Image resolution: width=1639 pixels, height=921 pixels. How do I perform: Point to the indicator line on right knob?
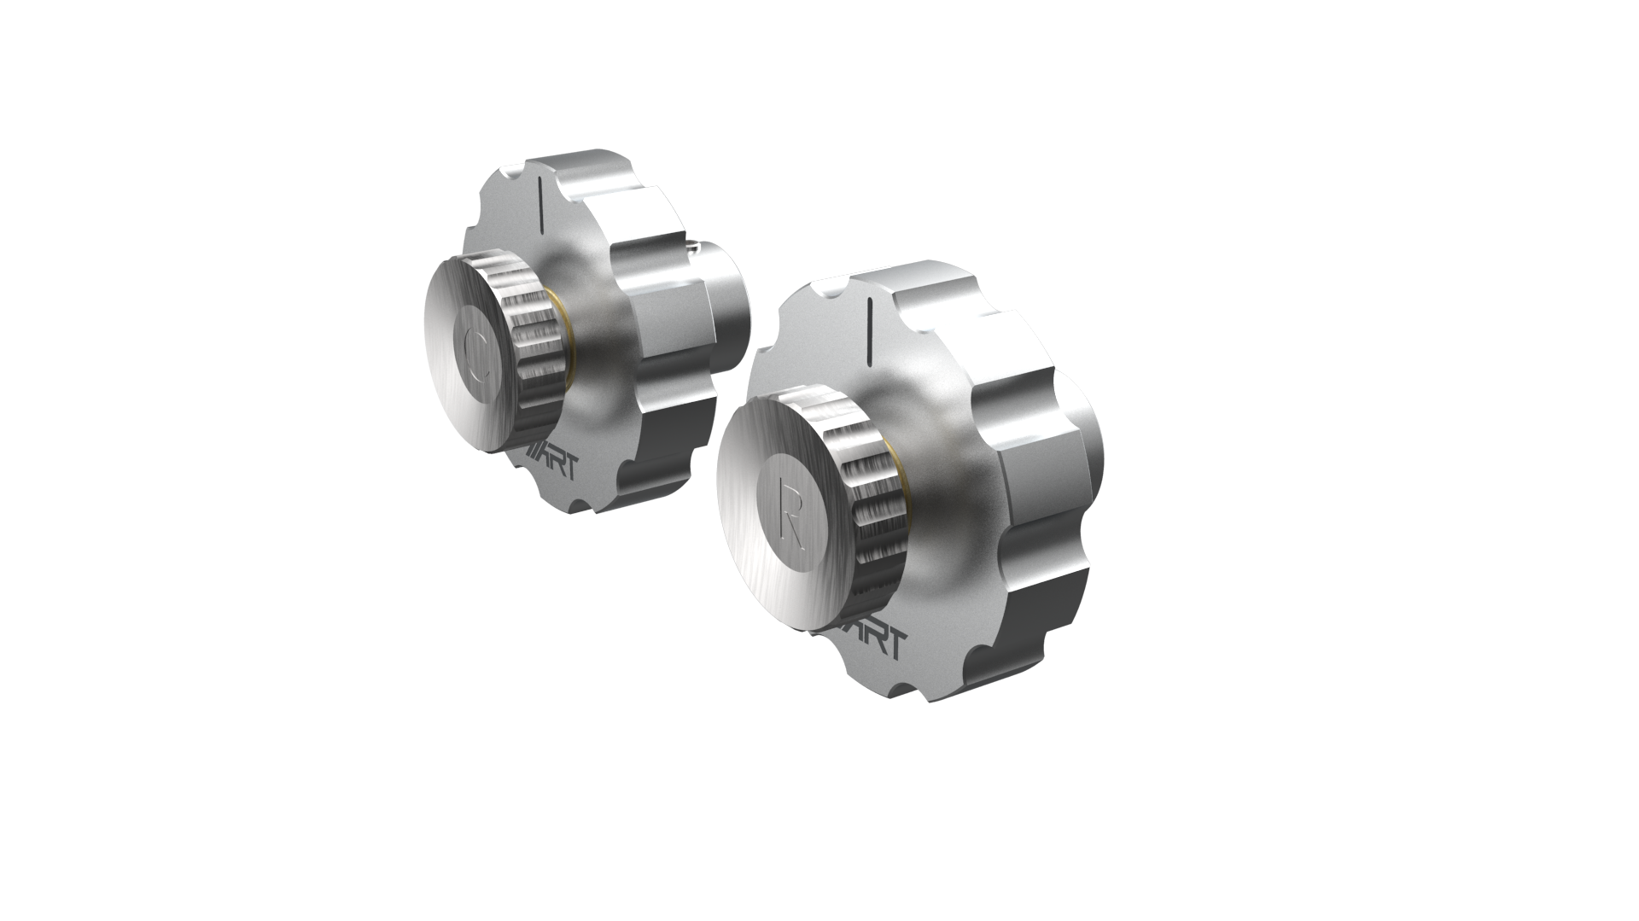click(x=868, y=324)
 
